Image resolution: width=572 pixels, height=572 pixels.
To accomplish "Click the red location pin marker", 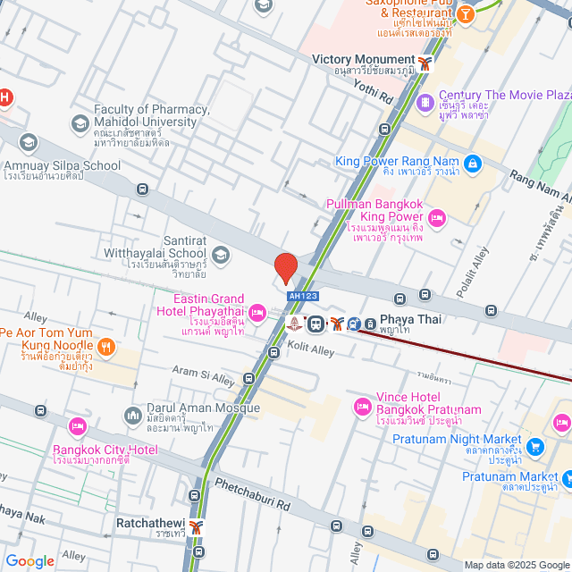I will coord(285,267).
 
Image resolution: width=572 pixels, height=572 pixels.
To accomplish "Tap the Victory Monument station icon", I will coord(425,63).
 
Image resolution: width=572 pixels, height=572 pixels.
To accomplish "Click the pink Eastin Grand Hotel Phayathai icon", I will coord(257,311).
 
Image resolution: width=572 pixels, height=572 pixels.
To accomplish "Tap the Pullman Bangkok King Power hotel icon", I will coord(437,216).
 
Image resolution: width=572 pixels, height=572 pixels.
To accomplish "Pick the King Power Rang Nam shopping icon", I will coord(472,164).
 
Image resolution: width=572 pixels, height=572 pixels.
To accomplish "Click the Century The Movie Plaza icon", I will coord(425,100).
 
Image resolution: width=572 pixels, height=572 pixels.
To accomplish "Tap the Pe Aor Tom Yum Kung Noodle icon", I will coord(106,347).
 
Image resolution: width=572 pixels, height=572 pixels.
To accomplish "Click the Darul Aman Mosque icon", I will coord(133,416).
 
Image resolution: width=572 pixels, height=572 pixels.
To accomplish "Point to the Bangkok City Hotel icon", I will coord(77,425).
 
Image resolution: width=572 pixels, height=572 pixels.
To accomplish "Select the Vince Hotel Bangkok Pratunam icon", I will coord(362,407).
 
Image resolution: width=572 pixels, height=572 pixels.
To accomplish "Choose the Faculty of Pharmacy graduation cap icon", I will coord(80,122).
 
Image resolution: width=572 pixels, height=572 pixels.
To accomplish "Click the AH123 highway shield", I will coord(301,295).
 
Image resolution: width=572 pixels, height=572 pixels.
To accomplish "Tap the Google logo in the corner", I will coord(29,560).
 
